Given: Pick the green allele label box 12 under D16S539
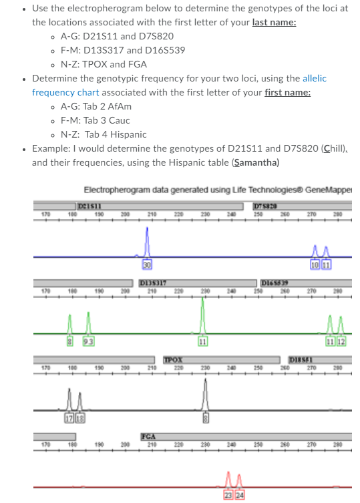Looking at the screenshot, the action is tap(341, 344).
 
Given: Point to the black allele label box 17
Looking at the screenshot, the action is tap(69, 418).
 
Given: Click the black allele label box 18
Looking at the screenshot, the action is tap(79, 418).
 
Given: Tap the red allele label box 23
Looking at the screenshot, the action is tap(228, 495).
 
